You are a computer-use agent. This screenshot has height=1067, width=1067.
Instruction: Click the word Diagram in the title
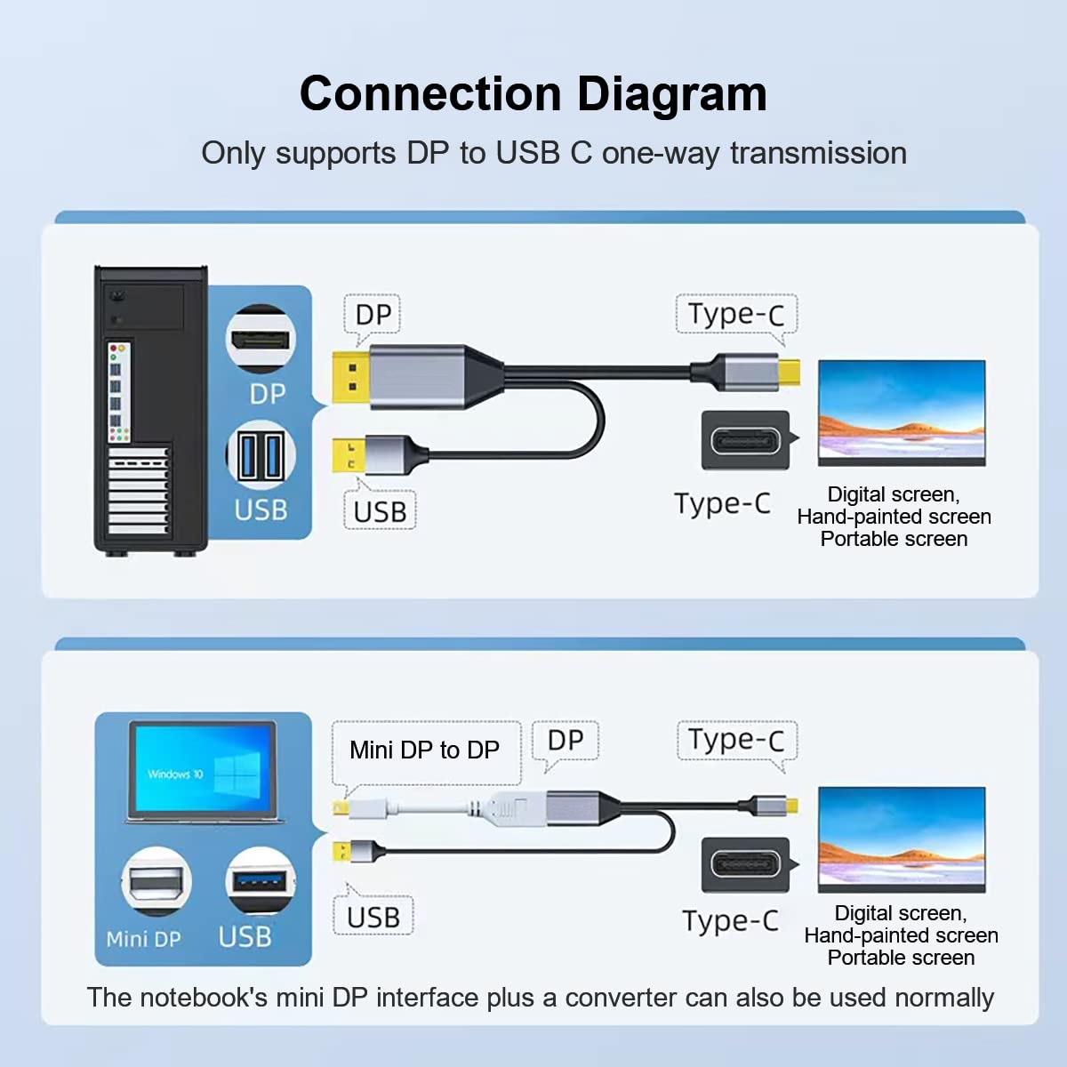click(671, 94)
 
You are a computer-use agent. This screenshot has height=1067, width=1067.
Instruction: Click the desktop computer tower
click(150, 409)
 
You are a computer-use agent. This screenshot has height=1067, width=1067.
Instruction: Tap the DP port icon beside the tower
click(260, 339)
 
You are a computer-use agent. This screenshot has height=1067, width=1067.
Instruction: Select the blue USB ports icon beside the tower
click(260, 457)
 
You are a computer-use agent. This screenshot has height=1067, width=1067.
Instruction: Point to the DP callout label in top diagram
click(373, 315)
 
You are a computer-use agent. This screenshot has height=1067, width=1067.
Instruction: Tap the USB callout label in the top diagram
click(380, 512)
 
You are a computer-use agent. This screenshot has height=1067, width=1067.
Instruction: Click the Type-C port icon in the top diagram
click(745, 440)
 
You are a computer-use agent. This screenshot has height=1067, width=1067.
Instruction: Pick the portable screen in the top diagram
click(901, 412)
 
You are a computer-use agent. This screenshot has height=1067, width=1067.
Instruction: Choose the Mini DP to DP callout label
click(425, 750)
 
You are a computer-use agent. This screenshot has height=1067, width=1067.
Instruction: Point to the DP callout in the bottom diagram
click(566, 741)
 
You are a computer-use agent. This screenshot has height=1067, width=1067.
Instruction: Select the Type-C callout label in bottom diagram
click(736, 740)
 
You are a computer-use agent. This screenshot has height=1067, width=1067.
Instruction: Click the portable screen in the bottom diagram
click(901, 838)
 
